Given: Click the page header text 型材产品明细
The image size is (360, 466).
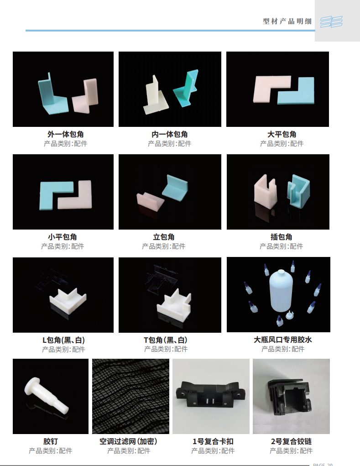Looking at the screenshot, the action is coord(287,21).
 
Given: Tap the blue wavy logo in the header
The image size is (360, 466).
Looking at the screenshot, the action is coord(331,22).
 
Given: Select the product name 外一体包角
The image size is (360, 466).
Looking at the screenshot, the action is coord(66,134).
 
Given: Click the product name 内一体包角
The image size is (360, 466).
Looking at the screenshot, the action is coord(170,134).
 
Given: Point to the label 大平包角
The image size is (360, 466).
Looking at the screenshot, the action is coord(282,134).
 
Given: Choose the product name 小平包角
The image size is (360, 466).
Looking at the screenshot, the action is coord(63,237).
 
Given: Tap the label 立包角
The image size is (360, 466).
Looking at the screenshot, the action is coord(164,237).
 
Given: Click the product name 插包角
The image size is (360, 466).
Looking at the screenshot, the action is coord(281,237).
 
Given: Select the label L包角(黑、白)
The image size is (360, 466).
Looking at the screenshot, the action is coord(63,340).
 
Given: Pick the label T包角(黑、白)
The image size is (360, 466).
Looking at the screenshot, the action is coord(166,340).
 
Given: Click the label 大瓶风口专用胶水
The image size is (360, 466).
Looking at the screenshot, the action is coord(283,340).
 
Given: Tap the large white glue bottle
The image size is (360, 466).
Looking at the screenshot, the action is coord(281,291).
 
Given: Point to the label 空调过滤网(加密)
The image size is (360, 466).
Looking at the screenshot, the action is coord(129,441).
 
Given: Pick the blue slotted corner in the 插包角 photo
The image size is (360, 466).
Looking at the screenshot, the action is coord(298,190).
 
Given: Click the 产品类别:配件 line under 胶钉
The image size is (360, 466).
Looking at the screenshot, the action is coord(51,451).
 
